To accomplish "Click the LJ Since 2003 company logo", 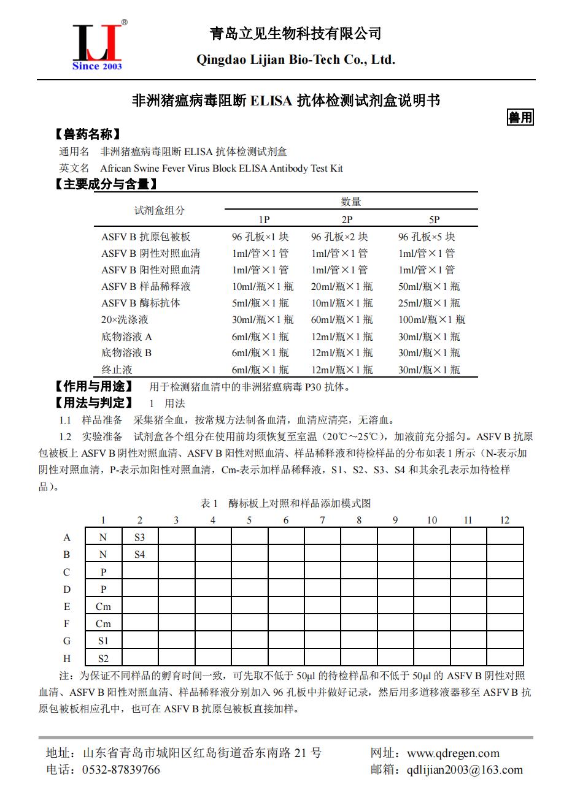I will coord(98,46).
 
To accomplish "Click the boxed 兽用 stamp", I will coord(520,117).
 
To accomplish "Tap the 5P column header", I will coord(434,219).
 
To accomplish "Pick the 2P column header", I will coord(347,219).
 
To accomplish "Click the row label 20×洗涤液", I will coord(125,319).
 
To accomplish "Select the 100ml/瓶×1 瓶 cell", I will coord(431,319).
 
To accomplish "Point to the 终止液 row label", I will coord(117,370).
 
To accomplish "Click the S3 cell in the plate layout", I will coord(140,537).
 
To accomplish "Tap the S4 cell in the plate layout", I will coord(140,554).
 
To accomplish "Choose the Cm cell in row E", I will coord(103,606).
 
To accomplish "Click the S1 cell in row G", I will coord(103,641).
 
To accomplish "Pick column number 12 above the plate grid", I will coord(504,520).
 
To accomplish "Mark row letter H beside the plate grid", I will coord(67,658).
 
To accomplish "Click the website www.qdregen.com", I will coord(453,753).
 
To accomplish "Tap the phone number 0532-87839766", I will coord(121,770).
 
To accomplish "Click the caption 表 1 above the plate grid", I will coord(209,503).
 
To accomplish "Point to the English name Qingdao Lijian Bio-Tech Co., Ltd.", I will coord(295,59).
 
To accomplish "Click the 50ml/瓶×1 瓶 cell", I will coord(429,286).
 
